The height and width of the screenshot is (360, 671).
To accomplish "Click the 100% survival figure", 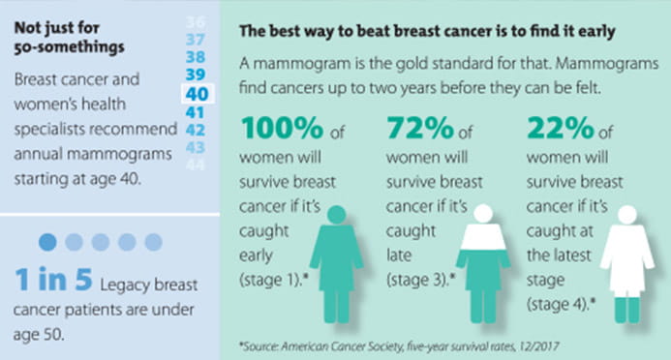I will pyautogui.click(x=281, y=129).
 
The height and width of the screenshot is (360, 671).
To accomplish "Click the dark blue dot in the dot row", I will pyautogui.click(x=49, y=242).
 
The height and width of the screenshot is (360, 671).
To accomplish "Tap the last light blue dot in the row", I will pyautogui.click(x=153, y=242).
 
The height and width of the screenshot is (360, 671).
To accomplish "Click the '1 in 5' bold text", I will pyautogui.click(x=54, y=281).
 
